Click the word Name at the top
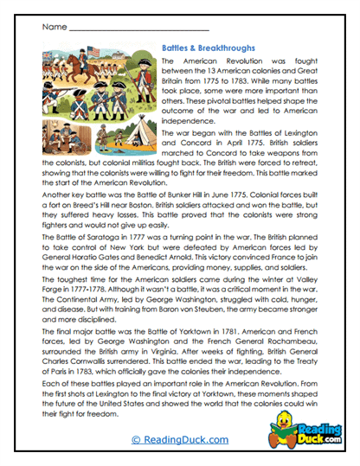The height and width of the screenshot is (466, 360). (x=53, y=27)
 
